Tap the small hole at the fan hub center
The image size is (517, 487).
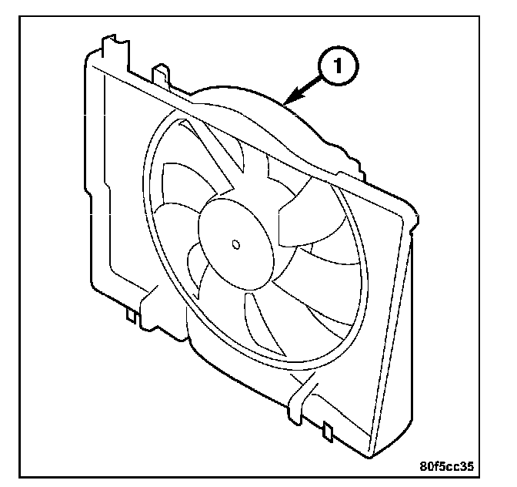click(x=235, y=246)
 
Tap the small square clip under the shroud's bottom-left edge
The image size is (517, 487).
click(x=132, y=314)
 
